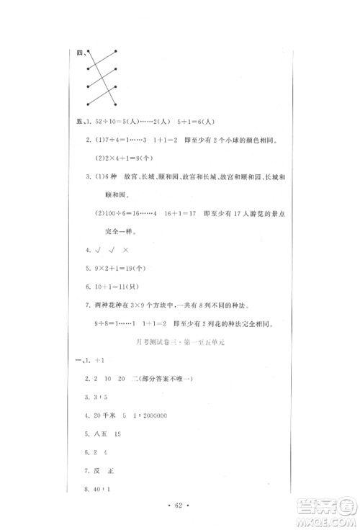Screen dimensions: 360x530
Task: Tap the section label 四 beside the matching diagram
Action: pyautogui.click(x=78, y=51)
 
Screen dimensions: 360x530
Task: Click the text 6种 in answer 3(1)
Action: pyautogui.click(x=109, y=176)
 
